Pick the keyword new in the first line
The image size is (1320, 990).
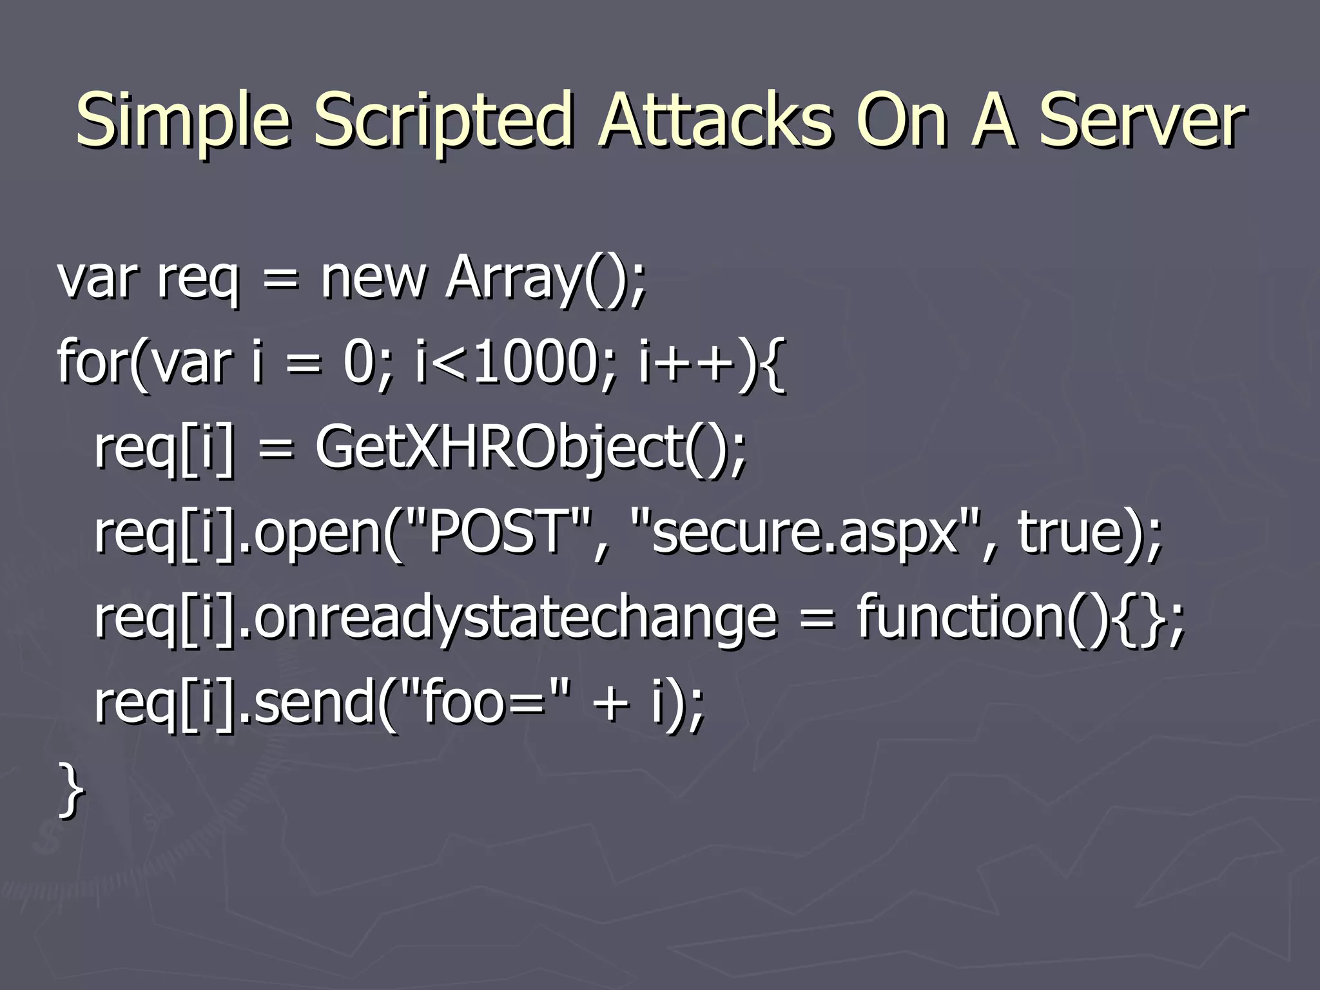[374, 278]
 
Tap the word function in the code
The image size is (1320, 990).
[960, 617]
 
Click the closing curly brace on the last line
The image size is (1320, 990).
[71, 790]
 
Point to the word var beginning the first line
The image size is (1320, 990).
[97, 278]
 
